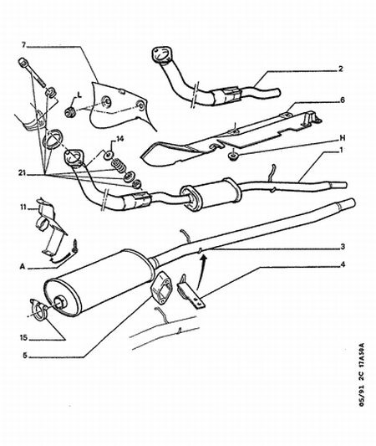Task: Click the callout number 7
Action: click(24, 44)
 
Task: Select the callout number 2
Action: click(341, 69)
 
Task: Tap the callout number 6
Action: click(343, 100)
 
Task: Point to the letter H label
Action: click(343, 138)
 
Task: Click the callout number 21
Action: click(23, 172)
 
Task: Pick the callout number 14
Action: click(119, 139)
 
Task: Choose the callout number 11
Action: click(23, 208)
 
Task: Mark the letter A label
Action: click(23, 267)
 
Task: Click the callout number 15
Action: click(23, 337)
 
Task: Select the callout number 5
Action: click(25, 356)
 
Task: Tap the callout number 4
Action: click(343, 264)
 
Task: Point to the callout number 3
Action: click(343, 246)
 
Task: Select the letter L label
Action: click(79, 95)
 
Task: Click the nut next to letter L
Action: click(70, 112)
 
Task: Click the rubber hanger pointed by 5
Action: click(160, 287)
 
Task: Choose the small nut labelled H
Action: click(233, 156)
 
